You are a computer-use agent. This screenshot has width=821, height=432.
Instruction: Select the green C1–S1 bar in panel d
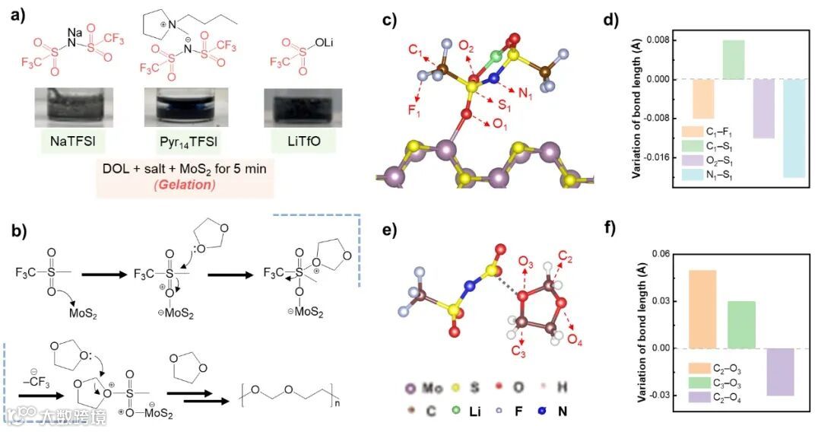tap(733, 59)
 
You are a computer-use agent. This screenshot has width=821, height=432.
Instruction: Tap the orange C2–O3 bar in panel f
tap(703, 309)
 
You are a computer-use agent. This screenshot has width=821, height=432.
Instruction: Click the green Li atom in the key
tap(474, 411)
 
